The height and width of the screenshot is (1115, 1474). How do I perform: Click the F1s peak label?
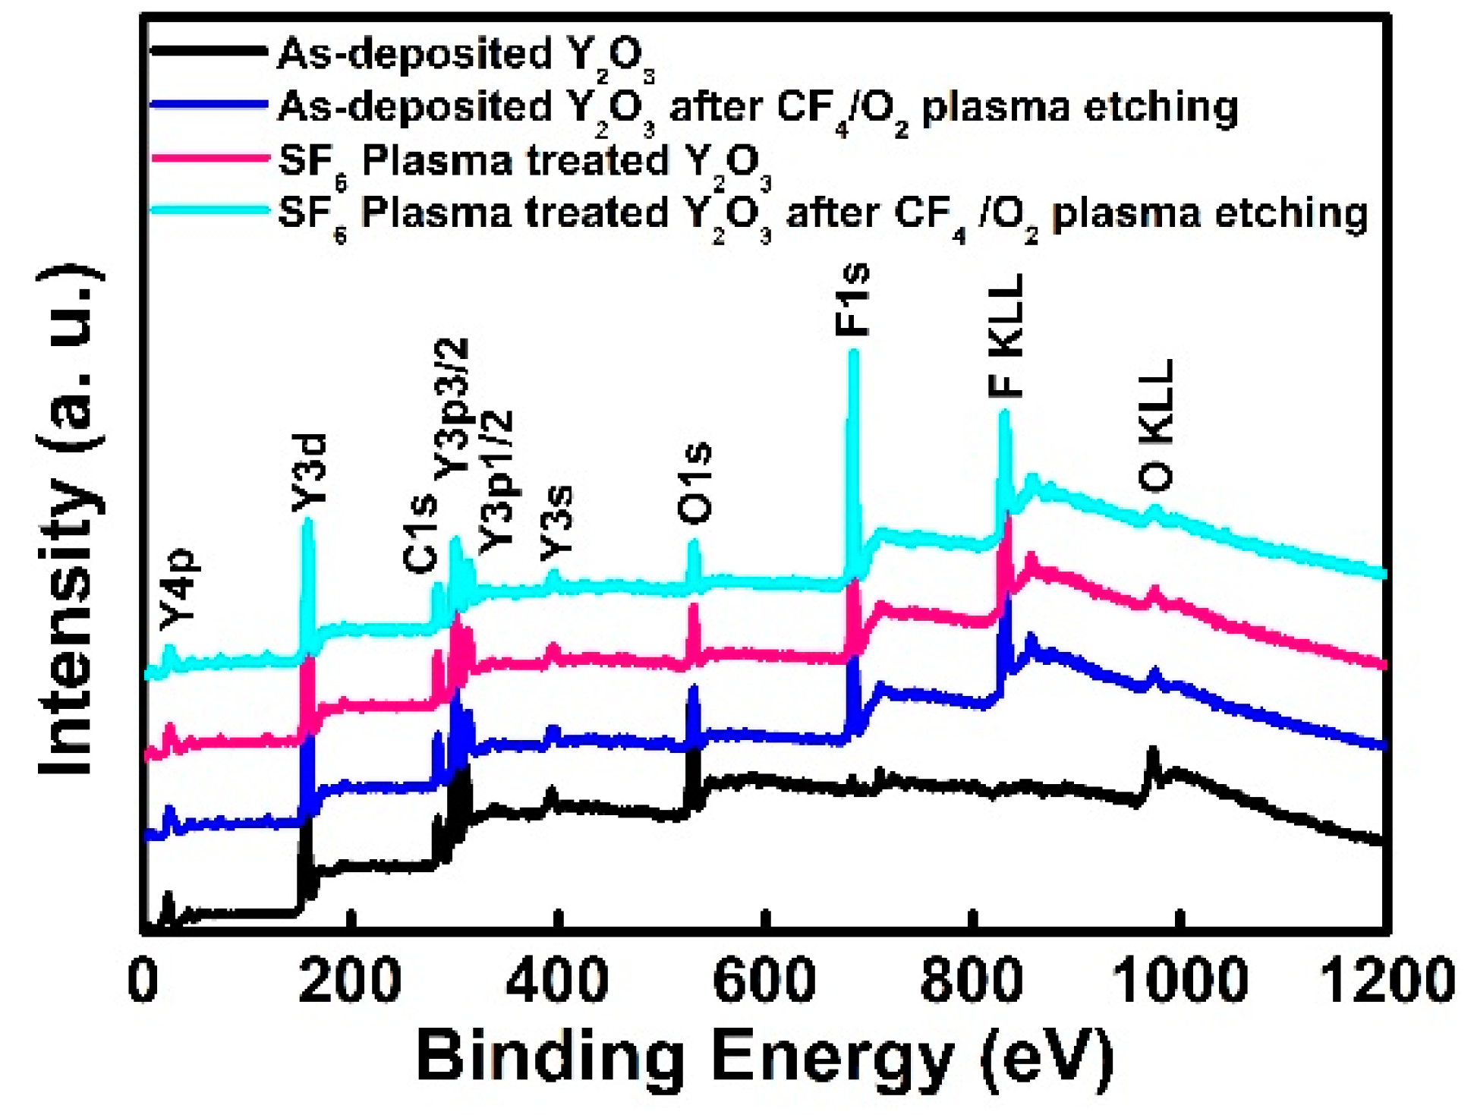(x=852, y=300)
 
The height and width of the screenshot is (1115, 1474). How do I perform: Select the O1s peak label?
(x=694, y=483)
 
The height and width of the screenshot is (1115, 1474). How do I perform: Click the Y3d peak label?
(x=309, y=472)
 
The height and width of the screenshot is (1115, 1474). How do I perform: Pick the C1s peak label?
(x=420, y=534)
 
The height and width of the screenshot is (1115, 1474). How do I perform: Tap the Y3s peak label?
(x=556, y=523)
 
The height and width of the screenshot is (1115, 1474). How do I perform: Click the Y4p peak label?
(x=179, y=589)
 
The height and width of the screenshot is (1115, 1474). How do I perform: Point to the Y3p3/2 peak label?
(x=452, y=410)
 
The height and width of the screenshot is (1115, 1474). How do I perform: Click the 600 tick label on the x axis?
(x=764, y=980)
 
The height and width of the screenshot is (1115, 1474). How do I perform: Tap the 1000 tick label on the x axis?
(x=1179, y=980)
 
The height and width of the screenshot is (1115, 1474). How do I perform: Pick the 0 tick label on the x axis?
(x=143, y=980)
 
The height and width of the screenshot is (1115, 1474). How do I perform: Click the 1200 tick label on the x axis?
(x=1386, y=980)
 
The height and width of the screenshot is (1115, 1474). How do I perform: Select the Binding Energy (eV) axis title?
(x=764, y=1056)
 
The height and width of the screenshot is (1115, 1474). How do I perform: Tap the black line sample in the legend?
(x=208, y=52)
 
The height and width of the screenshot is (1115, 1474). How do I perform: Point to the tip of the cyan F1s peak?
(x=853, y=352)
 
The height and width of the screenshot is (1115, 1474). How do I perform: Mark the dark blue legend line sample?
(x=208, y=105)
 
